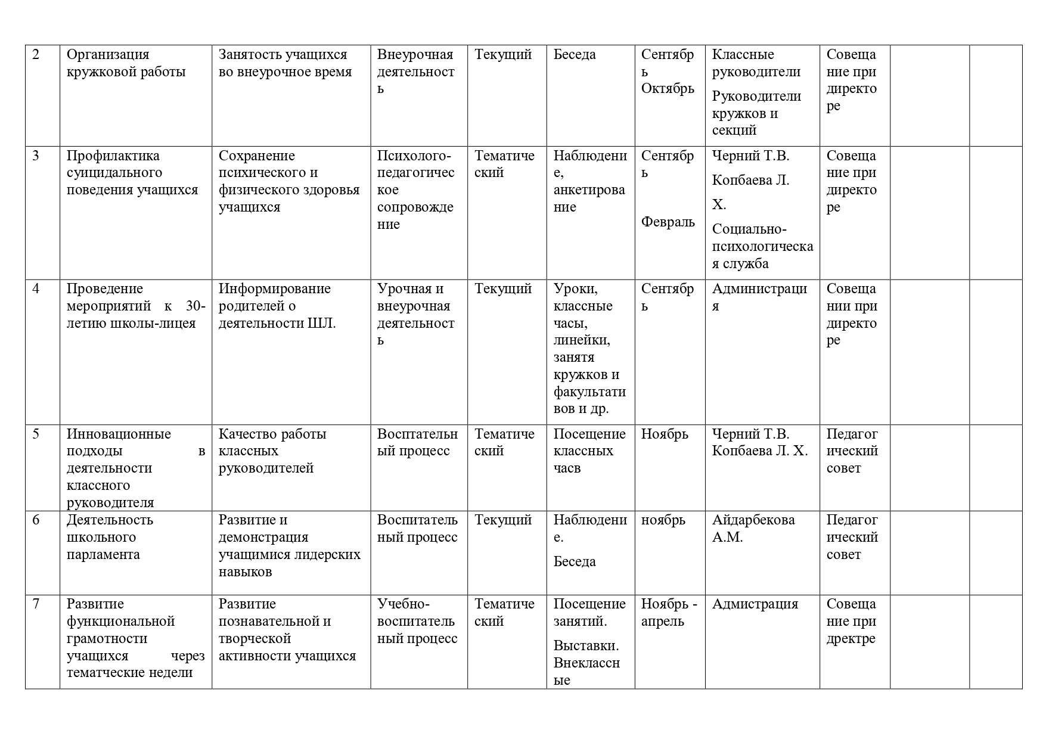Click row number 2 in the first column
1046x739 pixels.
(36, 55)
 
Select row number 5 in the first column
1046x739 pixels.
(36, 434)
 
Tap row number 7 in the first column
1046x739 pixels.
(36, 604)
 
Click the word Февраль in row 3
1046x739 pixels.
(668, 222)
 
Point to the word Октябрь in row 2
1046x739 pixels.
(668, 89)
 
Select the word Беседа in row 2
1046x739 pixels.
(574, 55)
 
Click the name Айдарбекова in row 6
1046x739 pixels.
(753, 520)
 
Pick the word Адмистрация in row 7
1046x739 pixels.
(755, 604)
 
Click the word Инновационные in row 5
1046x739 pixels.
(119, 434)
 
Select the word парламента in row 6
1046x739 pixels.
(103, 555)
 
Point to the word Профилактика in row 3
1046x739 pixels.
(113, 156)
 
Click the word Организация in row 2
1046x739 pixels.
(107, 55)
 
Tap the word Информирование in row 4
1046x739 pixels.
(274, 289)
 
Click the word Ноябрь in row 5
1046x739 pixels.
(665, 434)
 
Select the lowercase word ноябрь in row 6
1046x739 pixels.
(663, 520)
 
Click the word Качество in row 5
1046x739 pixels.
(245, 434)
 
